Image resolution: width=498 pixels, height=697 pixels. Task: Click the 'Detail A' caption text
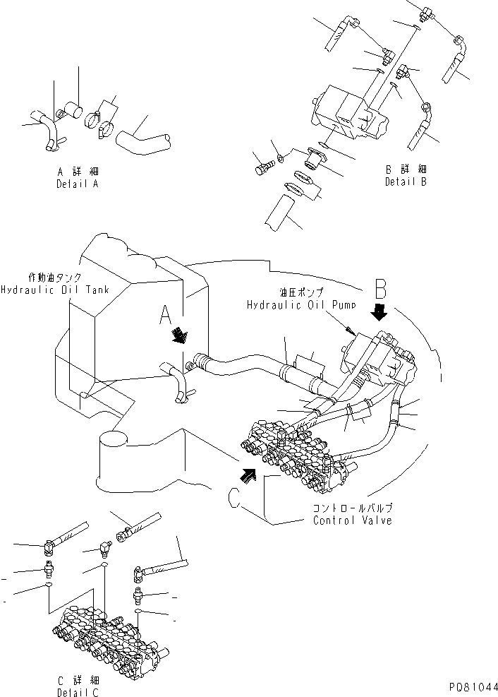point(77,184)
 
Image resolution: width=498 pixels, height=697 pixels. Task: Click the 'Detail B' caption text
point(405,181)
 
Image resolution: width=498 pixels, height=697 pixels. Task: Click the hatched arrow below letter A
point(180,334)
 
